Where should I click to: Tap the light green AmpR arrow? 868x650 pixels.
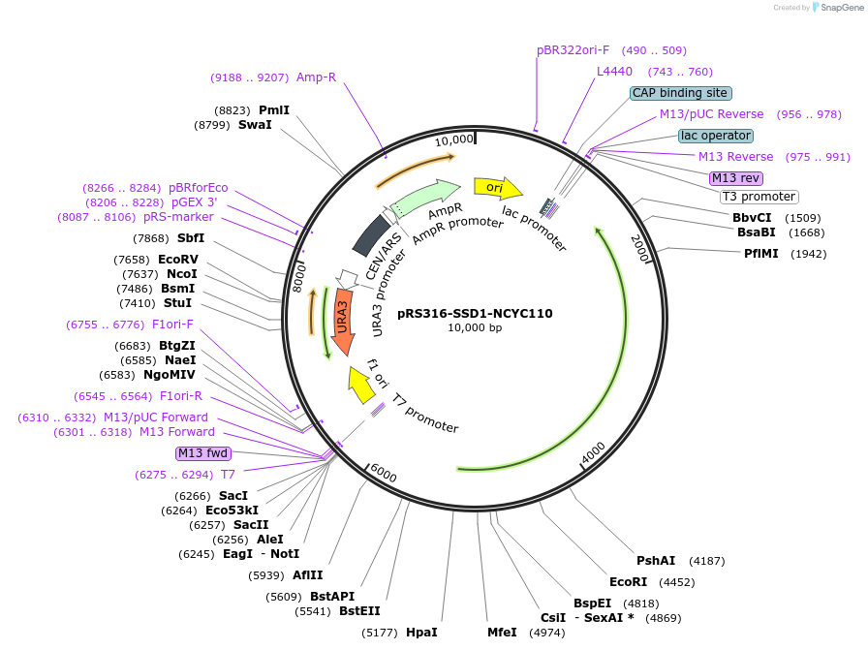pos(426,198)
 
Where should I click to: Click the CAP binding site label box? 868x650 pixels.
pos(680,93)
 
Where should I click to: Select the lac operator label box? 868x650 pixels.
pos(715,136)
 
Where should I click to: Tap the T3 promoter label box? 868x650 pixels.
pos(759,197)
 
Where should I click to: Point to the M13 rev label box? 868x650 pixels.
pos(736,178)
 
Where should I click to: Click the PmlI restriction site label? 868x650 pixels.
pos(274,110)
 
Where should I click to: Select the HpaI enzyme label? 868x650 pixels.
pos(421,633)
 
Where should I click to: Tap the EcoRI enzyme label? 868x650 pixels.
pos(628,582)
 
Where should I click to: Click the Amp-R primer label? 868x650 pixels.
pos(316,77)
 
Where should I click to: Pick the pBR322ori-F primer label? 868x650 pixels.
pos(573,49)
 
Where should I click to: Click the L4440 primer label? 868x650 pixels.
pos(614,72)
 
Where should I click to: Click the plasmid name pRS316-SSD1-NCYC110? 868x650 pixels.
pos(475,313)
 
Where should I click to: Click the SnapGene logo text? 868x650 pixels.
pos(837,8)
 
